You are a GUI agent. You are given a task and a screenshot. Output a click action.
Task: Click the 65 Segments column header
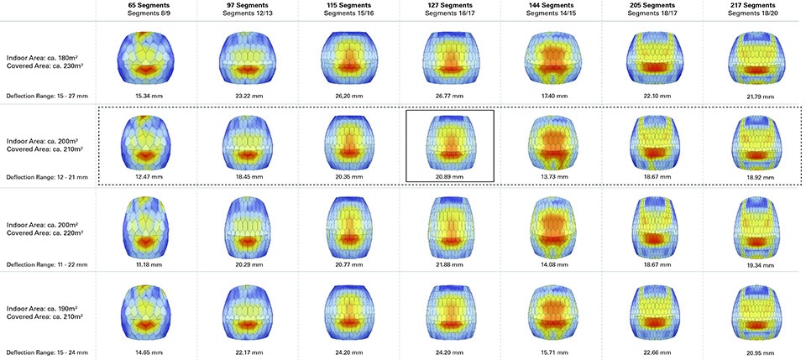146,5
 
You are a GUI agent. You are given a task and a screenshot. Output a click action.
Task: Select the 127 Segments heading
450,5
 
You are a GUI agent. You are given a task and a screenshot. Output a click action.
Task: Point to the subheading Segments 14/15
551,13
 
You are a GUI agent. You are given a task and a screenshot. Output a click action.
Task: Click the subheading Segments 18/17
652,13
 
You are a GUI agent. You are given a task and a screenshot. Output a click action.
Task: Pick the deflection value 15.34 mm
146,96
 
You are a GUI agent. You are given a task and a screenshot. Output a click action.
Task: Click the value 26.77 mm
450,96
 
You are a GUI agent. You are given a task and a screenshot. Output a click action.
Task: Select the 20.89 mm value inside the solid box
450,176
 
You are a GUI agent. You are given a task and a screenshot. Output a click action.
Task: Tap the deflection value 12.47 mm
146,176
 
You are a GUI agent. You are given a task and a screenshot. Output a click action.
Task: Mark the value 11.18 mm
146,264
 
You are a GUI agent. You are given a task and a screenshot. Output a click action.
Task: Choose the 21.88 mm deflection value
450,264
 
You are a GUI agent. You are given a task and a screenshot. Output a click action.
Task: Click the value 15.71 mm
551,352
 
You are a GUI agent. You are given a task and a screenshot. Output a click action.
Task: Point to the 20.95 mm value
752,352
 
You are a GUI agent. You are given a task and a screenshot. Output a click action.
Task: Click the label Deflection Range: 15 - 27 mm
47,96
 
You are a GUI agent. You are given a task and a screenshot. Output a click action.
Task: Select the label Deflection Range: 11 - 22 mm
47,264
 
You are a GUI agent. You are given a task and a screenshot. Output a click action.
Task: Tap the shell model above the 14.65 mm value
146,313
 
